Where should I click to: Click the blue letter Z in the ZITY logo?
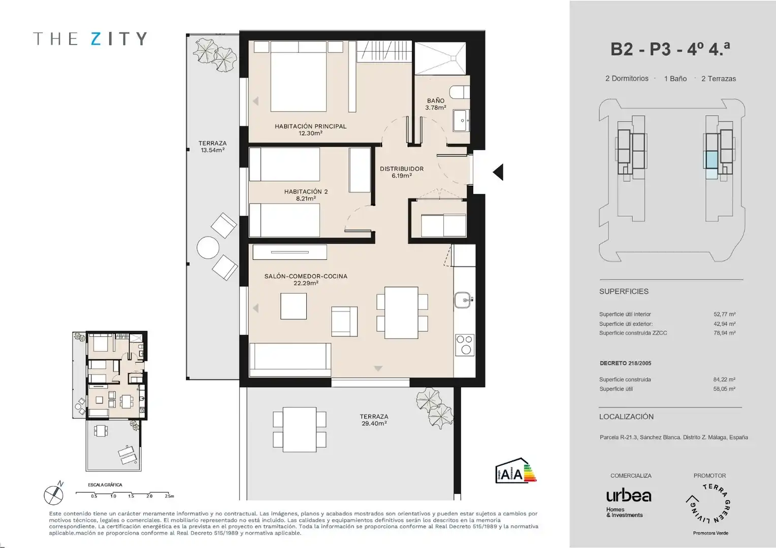(x=96, y=39)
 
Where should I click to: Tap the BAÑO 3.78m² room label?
(x=435, y=104)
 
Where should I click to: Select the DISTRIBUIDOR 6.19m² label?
(x=402, y=172)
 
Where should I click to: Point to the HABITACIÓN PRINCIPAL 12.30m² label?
(x=310, y=129)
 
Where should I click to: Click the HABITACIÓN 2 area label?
(x=306, y=195)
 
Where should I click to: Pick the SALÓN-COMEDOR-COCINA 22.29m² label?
(x=306, y=280)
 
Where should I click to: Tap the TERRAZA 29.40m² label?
(x=374, y=420)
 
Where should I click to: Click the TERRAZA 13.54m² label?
(x=212, y=147)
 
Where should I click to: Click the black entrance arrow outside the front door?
(x=498, y=172)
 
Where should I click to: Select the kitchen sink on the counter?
(x=464, y=300)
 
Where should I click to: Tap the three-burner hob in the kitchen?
(x=465, y=345)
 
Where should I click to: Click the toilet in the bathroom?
(x=460, y=92)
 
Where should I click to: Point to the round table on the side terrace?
(x=208, y=247)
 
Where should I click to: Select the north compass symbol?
(x=54, y=494)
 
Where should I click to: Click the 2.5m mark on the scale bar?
(x=169, y=496)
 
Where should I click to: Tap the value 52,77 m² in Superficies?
(x=724, y=314)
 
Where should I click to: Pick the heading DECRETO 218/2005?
(x=625, y=363)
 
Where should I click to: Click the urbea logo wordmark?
(x=628, y=496)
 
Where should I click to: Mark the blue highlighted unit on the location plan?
(x=712, y=160)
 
